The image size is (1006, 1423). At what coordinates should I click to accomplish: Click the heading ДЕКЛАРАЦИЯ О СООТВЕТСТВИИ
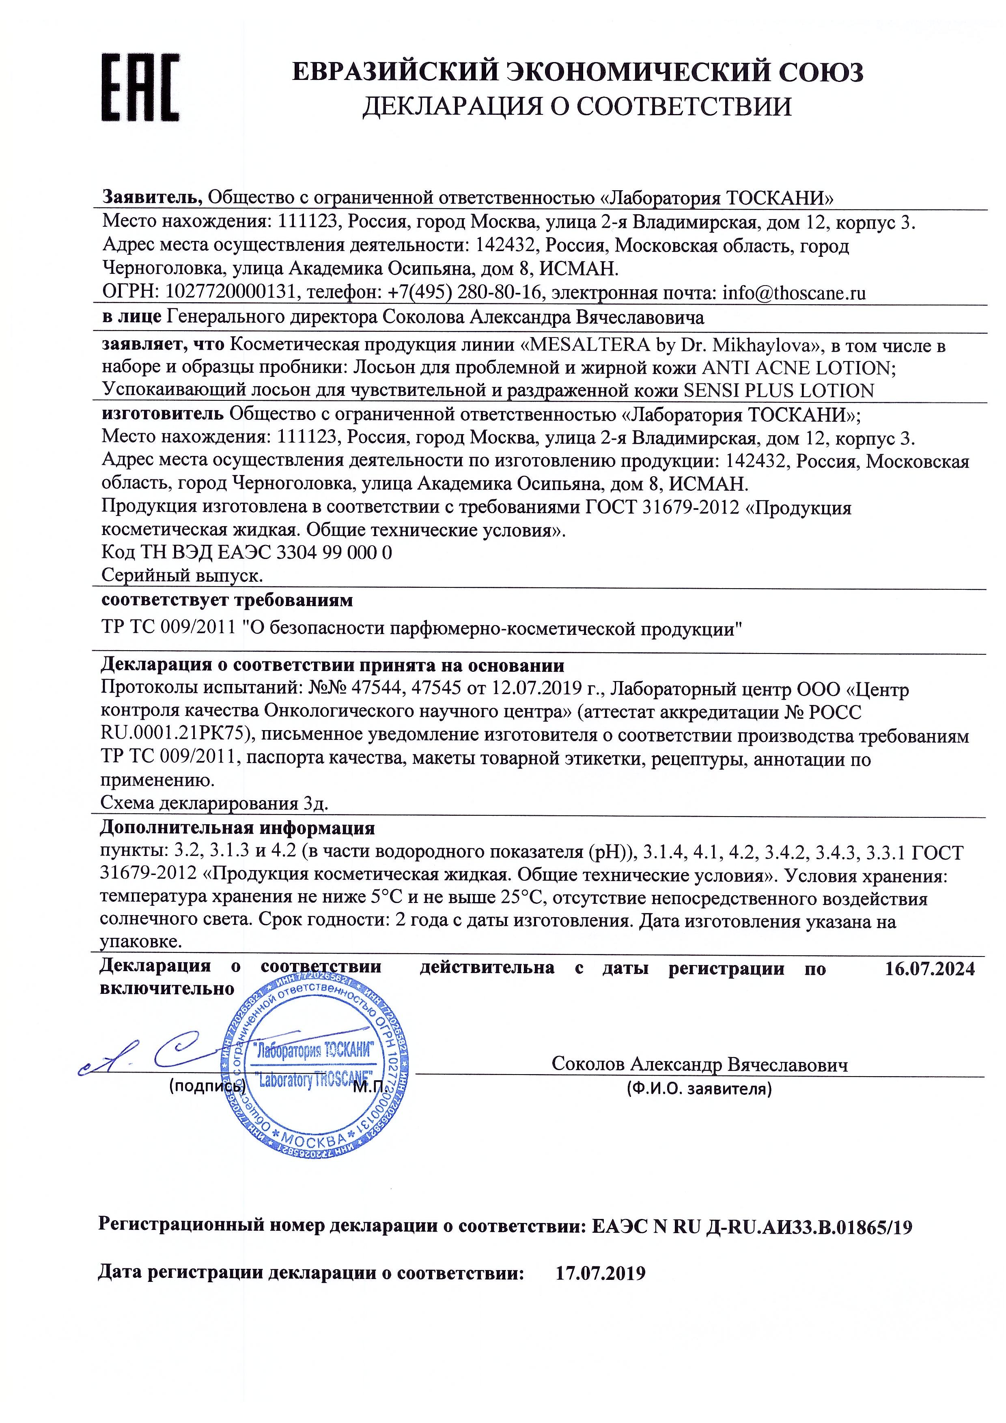576,107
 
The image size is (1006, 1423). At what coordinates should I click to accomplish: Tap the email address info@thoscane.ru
794,292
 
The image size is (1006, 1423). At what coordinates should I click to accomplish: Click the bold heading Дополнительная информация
237,828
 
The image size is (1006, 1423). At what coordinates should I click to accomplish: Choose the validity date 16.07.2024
930,969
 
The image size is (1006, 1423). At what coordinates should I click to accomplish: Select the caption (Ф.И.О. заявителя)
699,1089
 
